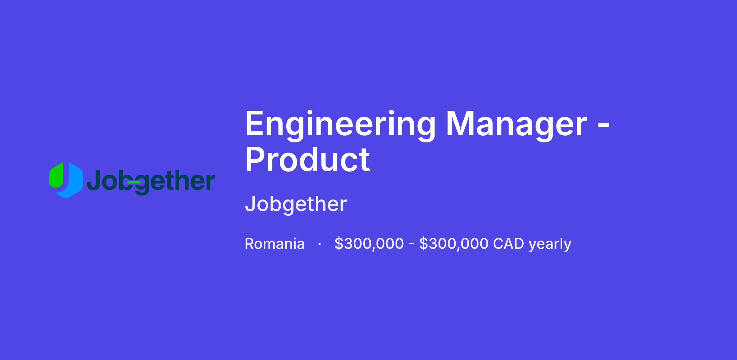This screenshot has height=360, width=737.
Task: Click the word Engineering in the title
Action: tap(340, 126)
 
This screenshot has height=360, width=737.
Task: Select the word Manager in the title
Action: tap(517, 126)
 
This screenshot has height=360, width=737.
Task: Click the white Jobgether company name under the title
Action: tap(296, 204)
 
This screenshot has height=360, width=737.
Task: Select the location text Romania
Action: tap(275, 244)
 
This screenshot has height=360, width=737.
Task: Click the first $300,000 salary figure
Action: tap(369, 244)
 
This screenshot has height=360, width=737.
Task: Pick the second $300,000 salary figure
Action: tap(454, 244)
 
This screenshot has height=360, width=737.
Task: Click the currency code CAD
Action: tap(509, 244)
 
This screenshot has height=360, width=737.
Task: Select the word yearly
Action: tap(550, 245)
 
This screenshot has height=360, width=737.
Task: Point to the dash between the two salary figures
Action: tap(411, 245)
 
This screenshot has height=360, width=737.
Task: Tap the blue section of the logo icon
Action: tap(72, 181)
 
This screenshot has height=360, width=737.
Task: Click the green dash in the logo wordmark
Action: tap(134, 182)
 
